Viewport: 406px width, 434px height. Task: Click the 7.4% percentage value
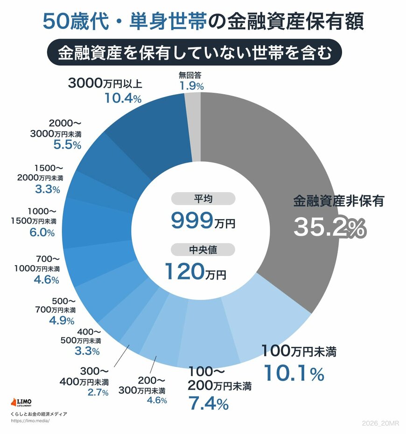coord(208,402)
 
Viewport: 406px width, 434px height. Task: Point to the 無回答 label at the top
coord(191,75)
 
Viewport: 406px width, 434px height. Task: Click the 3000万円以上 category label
coord(105,83)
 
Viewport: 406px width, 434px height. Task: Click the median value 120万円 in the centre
coord(195,272)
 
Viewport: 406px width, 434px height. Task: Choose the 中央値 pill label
coord(203,249)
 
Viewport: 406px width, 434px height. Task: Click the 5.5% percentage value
coord(68,145)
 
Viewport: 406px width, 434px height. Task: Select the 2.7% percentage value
coord(98,393)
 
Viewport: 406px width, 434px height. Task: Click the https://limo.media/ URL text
coord(29,420)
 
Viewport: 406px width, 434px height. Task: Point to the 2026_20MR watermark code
coord(380,422)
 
